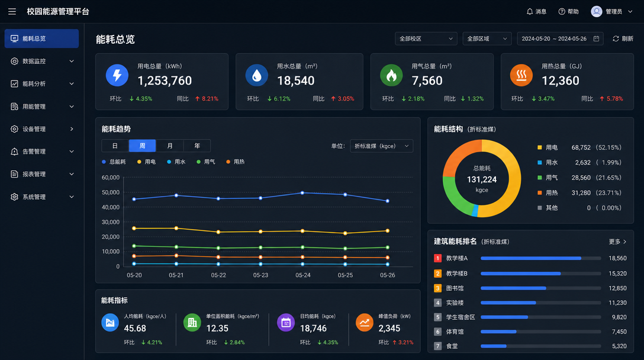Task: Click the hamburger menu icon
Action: tap(12, 11)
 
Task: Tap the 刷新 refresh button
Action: tap(623, 38)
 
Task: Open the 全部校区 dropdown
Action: tap(426, 38)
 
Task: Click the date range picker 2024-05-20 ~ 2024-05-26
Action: tap(560, 38)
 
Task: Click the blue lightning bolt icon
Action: tap(117, 75)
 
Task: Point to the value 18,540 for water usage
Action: tap(296, 81)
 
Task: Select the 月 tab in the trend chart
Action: tap(170, 146)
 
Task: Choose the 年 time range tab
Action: tap(197, 146)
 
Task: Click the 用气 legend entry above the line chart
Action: tap(206, 162)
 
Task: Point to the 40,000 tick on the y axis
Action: tap(111, 207)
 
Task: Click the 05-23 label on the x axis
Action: tap(260, 275)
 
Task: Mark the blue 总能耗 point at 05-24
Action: tap(302, 193)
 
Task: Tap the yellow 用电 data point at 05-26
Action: tap(387, 231)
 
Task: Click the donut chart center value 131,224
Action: tap(482, 179)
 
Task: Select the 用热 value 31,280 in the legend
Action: tap(581, 193)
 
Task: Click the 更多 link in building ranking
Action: tap(617, 242)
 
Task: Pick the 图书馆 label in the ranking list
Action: tap(455, 288)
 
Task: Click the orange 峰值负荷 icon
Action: tap(364, 323)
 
